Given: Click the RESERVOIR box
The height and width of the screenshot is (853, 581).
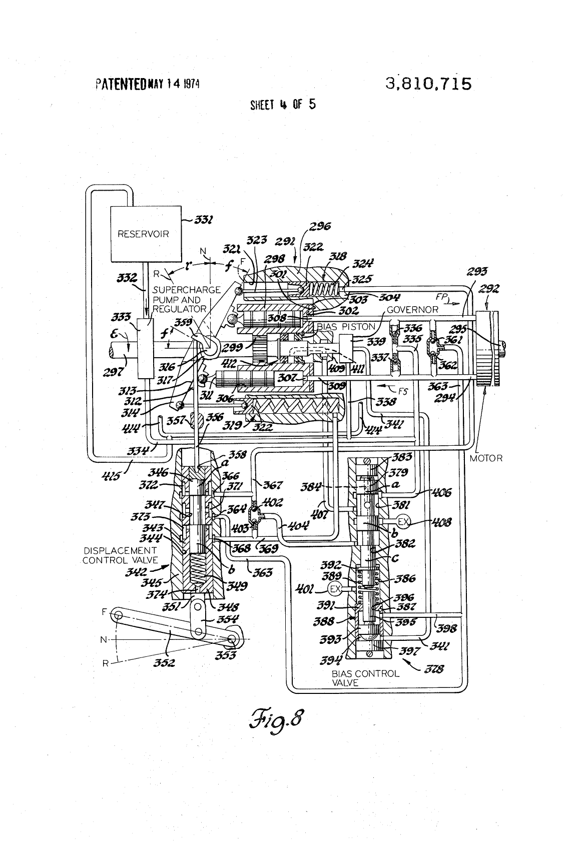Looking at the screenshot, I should point(143,233).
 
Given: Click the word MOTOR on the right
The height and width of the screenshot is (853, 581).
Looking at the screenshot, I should point(486,458).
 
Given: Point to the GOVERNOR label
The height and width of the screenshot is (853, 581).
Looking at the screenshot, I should point(413,309).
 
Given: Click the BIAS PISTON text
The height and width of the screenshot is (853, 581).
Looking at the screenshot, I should point(346,326).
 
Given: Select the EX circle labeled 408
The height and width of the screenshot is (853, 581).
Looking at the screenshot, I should point(403,522).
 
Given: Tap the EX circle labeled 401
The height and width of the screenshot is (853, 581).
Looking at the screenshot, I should point(335,589).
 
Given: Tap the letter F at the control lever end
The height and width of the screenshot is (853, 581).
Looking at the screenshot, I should point(104,611).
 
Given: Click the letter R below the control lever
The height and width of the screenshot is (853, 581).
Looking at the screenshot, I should point(105,663).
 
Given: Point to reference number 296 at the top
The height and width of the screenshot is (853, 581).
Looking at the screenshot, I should point(320,227).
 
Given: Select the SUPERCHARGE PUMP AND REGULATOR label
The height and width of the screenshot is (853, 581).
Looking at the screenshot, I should point(187,299).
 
